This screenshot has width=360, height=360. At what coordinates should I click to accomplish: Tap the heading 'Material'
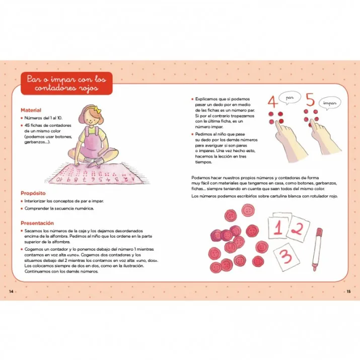[31, 110]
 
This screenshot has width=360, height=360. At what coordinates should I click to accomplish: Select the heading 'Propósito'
[34, 193]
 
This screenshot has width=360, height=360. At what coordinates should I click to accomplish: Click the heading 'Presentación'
[38, 223]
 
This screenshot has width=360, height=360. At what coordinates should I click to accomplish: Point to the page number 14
[11, 292]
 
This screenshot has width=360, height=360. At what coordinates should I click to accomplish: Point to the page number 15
[348, 292]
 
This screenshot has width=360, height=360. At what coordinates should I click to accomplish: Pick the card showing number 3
[286, 256]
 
